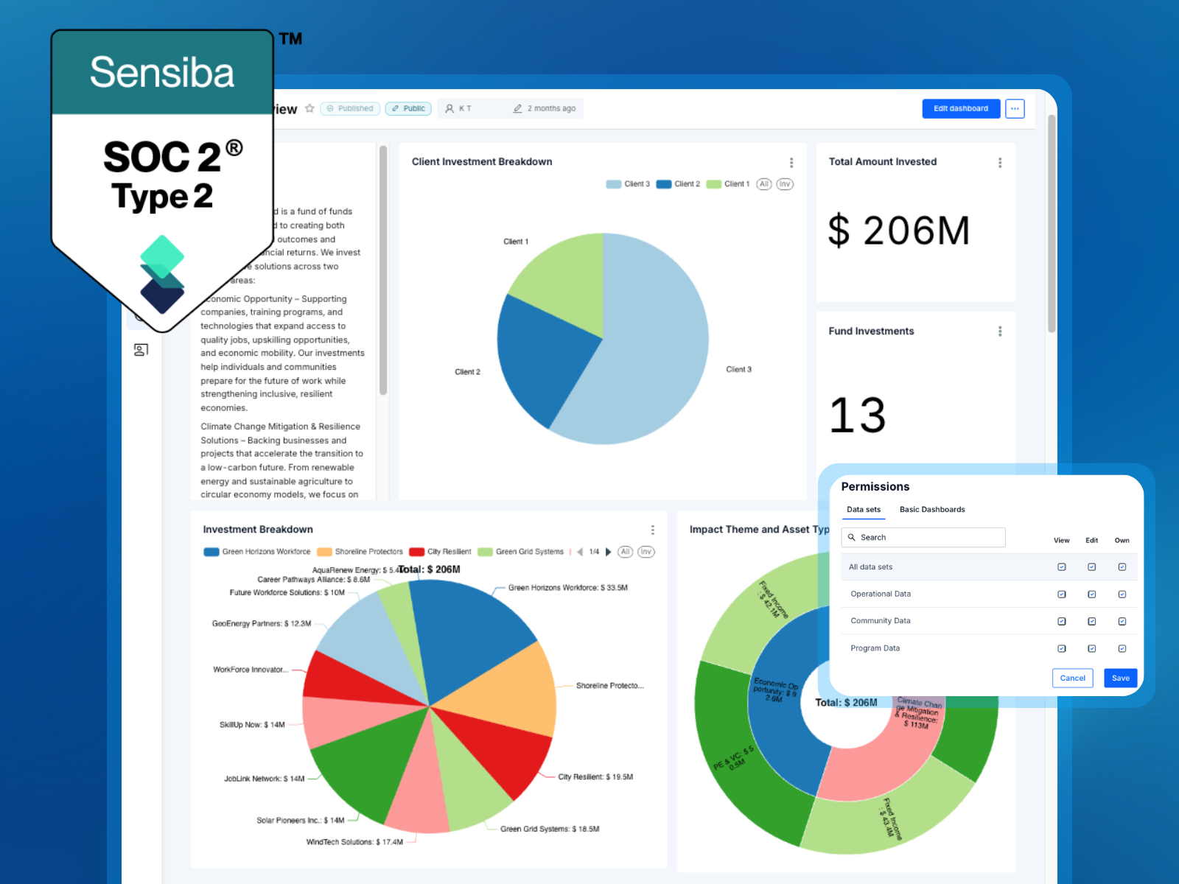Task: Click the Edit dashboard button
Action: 960,108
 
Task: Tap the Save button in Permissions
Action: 1120,678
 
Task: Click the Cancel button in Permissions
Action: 1072,678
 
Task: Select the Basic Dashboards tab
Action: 931,509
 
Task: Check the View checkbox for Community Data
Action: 1061,621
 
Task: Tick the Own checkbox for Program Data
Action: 1122,648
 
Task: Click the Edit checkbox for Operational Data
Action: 1091,594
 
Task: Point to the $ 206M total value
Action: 898,231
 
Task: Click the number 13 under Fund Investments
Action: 857,415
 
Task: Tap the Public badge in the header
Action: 408,108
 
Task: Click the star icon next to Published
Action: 309,108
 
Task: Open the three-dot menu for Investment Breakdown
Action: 652,530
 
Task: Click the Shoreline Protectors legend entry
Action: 360,552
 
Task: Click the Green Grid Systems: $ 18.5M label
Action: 550,829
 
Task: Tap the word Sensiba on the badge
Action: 162,72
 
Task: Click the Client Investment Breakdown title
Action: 481,161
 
